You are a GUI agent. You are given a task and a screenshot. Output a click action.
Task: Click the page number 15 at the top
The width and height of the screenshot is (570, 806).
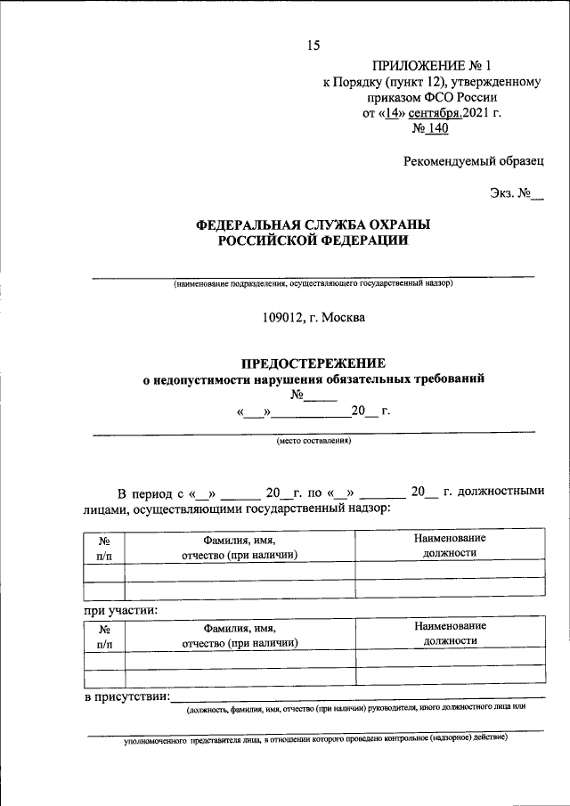pyautogui.click(x=313, y=45)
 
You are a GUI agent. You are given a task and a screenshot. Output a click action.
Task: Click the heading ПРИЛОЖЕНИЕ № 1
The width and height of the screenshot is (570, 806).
pyautogui.click(x=431, y=66)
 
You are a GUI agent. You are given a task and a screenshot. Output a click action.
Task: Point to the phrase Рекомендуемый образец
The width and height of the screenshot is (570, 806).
pyautogui.click(x=472, y=161)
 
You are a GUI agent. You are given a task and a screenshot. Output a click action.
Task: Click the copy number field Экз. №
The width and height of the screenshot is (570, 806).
pyautogui.click(x=515, y=193)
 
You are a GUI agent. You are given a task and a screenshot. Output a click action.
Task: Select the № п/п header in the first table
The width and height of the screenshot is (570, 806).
pyautogui.click(x=103, y=547)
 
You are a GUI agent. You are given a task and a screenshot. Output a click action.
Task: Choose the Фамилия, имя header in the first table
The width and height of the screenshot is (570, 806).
pyautogui.click(x=239, y=541)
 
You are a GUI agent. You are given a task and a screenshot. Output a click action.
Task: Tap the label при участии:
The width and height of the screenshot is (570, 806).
pyautogui.click(x=121, y=611)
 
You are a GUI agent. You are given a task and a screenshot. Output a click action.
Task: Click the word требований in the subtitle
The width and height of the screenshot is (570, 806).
pyautogui.click(x=443, y=379)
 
